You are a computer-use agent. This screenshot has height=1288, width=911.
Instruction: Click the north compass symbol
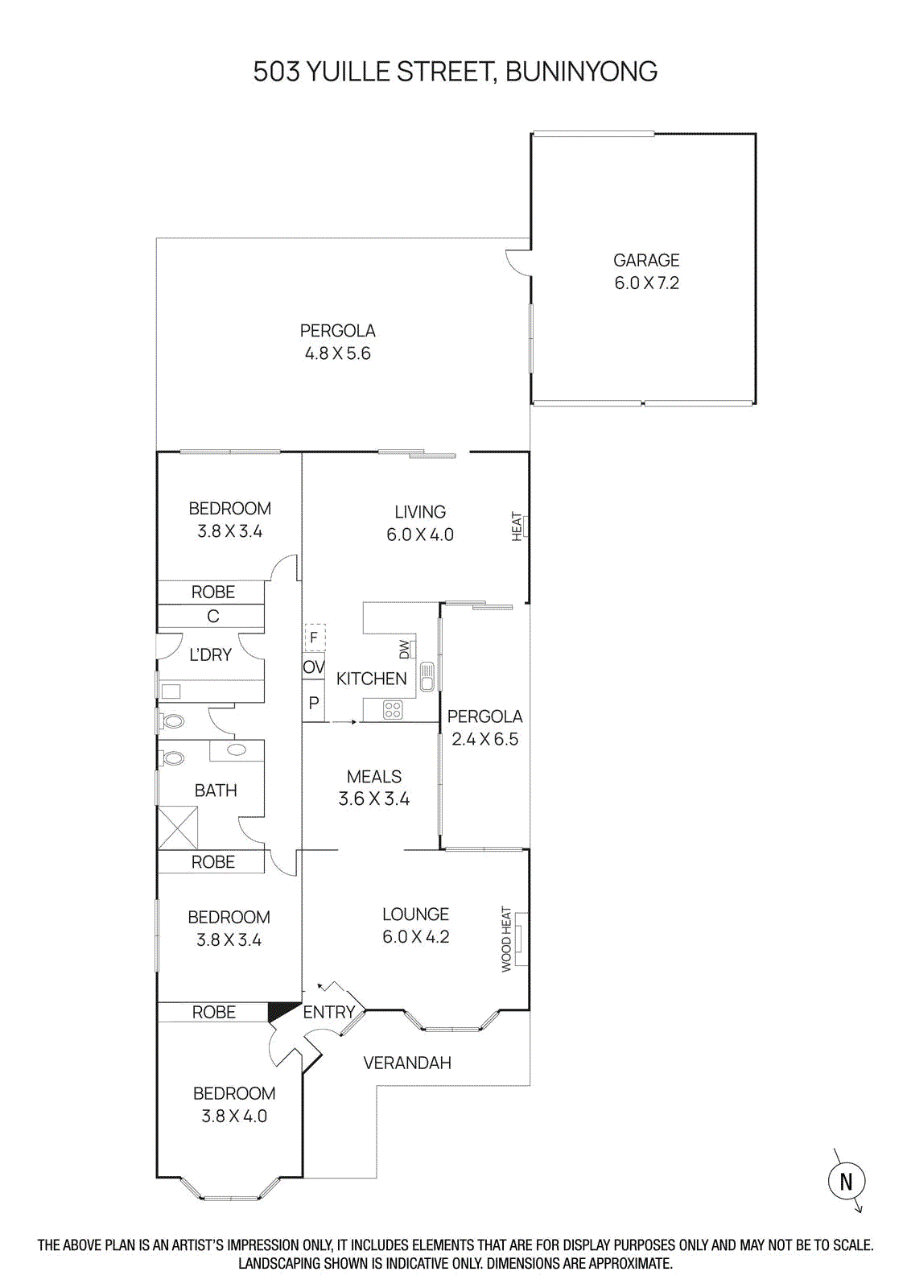(x=846, y=1181)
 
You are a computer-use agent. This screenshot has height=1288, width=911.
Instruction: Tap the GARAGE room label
(x=646, y=260)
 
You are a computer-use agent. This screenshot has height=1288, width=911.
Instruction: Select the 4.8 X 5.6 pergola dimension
(x=337, y=353)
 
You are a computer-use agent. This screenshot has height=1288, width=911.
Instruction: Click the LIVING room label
(x=419, y=512)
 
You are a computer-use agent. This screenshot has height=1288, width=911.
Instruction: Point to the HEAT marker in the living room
(x=517, y=526)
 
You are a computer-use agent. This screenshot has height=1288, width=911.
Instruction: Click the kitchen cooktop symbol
(x=393, y=709)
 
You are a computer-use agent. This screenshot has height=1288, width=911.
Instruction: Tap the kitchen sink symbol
(x=427, y=676)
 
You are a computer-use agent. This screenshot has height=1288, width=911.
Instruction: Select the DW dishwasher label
(x=405, y=649)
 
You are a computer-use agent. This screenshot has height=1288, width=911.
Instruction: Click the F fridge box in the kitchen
(x=314, y=638)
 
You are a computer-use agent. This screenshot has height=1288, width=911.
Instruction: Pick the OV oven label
(x=313, y=667)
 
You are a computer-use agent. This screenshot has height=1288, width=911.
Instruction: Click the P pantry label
(x=313, y=703)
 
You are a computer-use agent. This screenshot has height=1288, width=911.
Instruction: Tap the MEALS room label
(x=374, y=777)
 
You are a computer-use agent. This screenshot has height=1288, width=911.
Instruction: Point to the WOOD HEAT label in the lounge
(x=507, y=939)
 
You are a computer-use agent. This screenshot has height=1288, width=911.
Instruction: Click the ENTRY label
(x=328, y=1012)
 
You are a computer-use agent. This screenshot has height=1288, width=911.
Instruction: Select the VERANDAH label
(x=407, y=1063)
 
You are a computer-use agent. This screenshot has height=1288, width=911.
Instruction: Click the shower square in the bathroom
(x=178, y=828)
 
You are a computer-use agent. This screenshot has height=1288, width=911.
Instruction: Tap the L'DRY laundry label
(x=210, y=655)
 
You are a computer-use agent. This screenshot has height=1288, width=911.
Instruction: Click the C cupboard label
(x=212, y=616)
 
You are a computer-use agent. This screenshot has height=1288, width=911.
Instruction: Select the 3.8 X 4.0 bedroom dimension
(x=234, y=1116)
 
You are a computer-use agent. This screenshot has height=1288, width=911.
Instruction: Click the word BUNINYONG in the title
(x=581, y=72)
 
